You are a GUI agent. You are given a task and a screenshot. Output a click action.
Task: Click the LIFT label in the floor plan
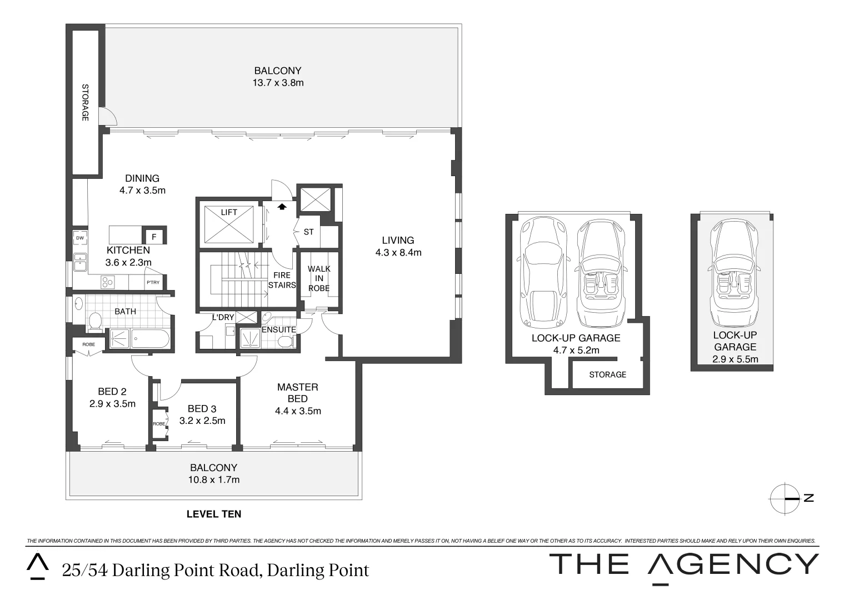[229, 212]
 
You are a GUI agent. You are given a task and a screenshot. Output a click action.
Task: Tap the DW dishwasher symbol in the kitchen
[79, 238]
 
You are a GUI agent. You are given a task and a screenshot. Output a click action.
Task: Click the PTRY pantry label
[153, 283]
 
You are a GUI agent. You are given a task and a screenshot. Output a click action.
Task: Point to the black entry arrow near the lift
[282, 207]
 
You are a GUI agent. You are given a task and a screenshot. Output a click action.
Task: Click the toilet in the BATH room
[95, 322]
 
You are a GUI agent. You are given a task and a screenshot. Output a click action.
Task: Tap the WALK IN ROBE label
[319, 278]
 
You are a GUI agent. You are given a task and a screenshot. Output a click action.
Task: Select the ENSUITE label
[278, 329]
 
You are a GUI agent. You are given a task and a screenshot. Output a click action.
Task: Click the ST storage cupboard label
[308, 232]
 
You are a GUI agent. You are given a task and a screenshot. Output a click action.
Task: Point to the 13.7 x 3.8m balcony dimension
[278, 83]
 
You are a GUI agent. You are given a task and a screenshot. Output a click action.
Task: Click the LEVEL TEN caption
[214, 514]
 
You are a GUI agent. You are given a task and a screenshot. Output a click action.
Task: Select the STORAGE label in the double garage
[607, 374]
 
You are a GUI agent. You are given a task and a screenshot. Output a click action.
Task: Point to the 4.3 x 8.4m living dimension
[398, 252]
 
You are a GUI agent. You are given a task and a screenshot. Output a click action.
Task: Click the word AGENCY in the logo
[733, 565]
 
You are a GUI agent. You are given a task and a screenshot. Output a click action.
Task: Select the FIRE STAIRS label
[282, 280]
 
